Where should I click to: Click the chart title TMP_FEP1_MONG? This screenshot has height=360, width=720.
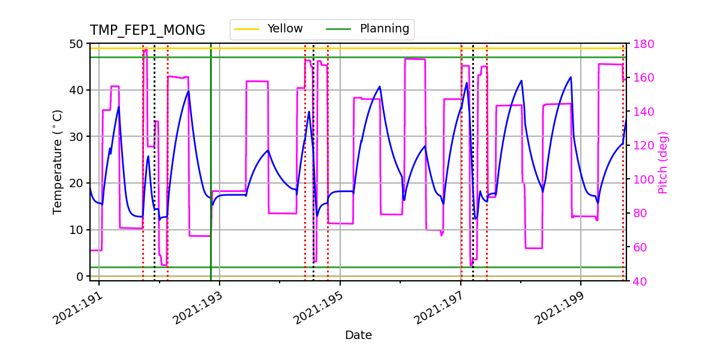click(148, 31)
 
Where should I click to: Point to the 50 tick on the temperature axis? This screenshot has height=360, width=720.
click(78, 44)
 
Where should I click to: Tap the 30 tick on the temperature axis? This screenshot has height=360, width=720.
click(78, 137)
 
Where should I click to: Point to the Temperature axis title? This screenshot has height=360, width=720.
click(58, 161)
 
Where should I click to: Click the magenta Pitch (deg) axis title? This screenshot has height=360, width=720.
click(662, 162)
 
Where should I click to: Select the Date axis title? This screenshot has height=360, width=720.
click(358, 335)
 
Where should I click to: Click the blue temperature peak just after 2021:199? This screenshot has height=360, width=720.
click(571, 77)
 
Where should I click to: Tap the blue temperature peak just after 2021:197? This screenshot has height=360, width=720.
click(466, 83)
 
